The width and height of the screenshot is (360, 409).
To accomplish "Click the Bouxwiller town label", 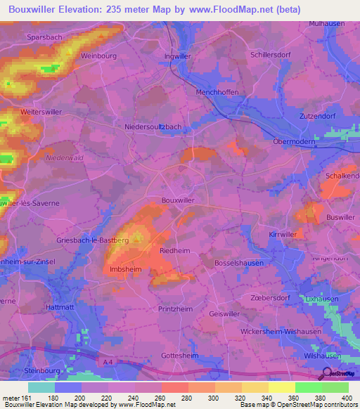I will pos(178,200).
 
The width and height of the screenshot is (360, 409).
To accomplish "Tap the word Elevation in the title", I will pos(77,9).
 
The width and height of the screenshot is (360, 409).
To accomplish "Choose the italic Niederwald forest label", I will pos(65,158).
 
